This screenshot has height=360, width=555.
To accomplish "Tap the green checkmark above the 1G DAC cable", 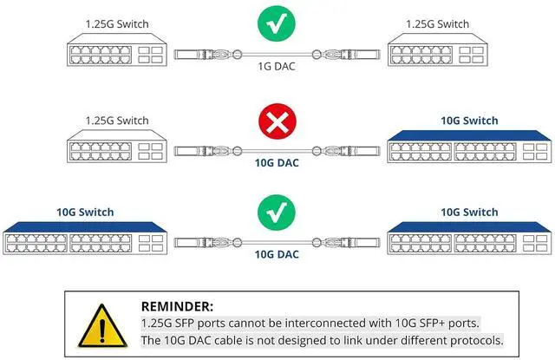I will [277, 23].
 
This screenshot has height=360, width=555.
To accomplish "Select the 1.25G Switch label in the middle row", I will [116, 120].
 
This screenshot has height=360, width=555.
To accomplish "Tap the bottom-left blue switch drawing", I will [85, 240].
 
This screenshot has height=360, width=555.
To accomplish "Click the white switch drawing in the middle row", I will [116, 149].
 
